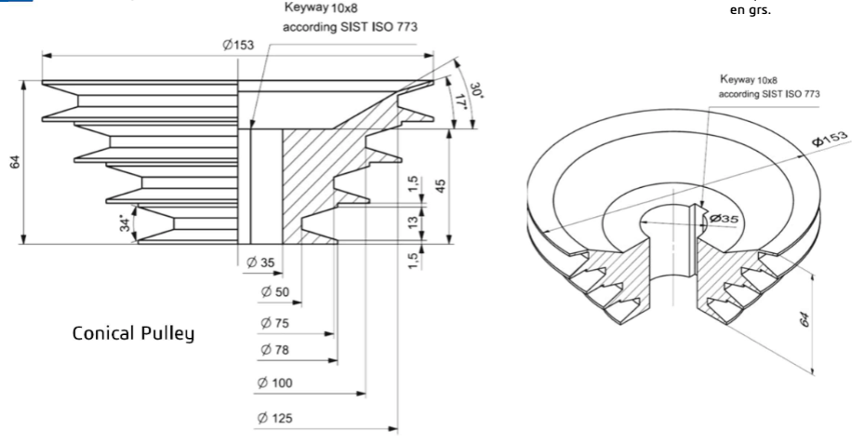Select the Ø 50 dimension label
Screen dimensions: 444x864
click(275, 292)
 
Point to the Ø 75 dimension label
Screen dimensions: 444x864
click(275, 323)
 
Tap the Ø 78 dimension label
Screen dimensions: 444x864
click(275, 349)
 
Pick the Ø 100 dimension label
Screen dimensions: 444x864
click(278, 383)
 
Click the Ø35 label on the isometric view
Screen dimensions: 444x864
click(724, 218)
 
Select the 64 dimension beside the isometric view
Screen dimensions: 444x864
click(805, 320)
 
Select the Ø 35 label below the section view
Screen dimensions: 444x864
click(261, 262)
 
